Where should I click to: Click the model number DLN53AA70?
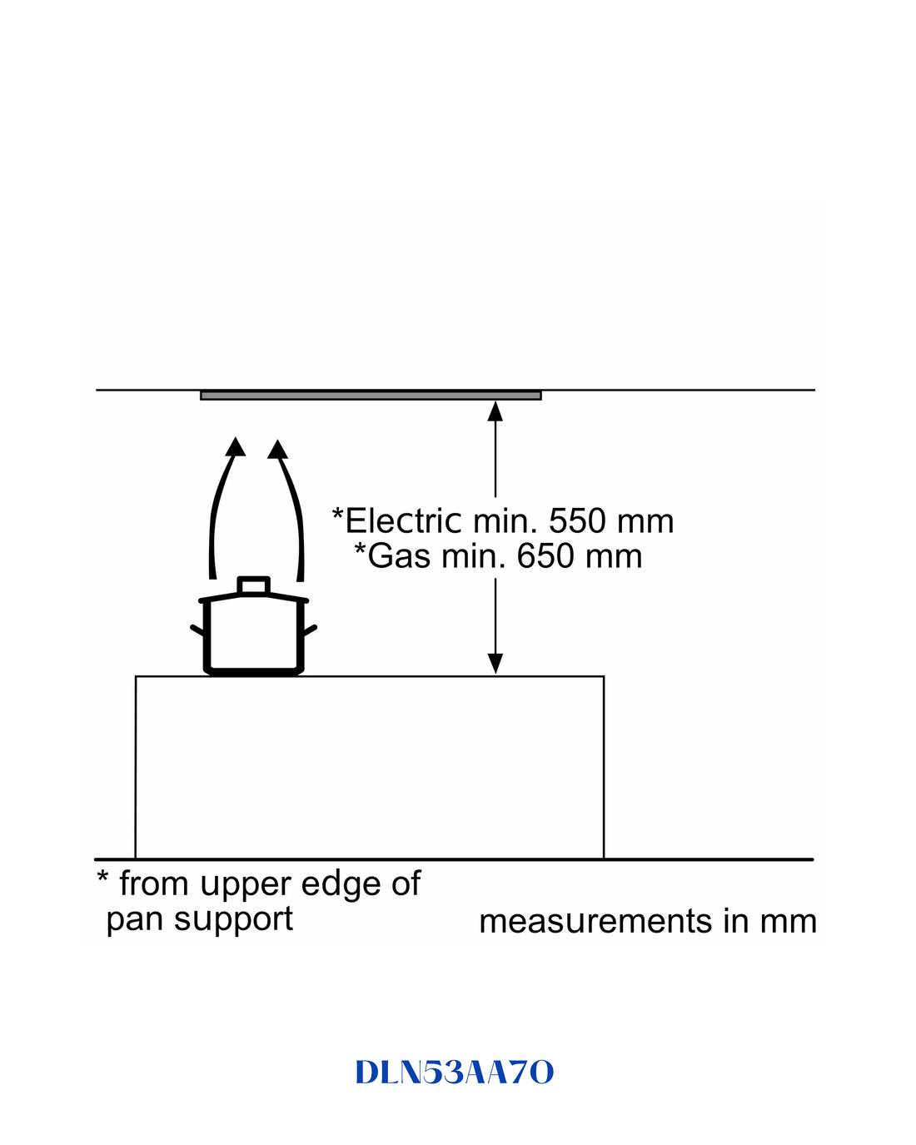tap(455, 1072)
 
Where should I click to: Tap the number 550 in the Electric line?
tap(578, 521)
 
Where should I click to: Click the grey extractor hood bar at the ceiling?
tap(371, 395)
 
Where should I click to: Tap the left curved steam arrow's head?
tap(236, 447)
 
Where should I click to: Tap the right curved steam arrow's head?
tap(277, 449)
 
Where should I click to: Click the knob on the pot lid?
tap(253, 585)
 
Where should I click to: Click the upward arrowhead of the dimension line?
tap(495, 412)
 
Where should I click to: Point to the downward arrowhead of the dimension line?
tap(495, 664)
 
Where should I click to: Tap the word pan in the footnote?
tap(136, 919)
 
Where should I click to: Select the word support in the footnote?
tap(233, 918)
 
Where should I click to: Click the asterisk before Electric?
tap(337, 514)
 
